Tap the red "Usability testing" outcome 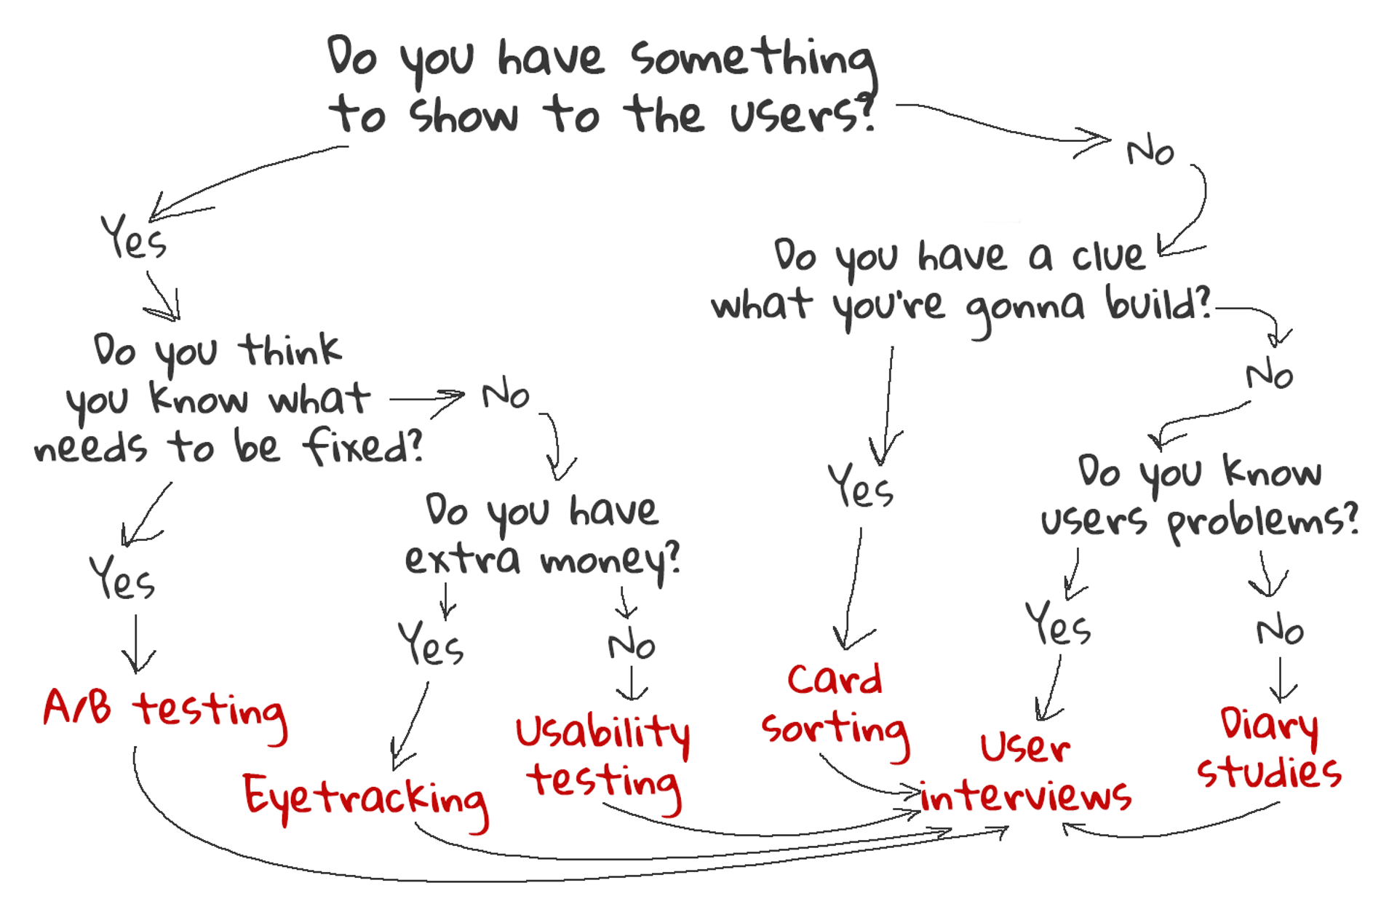pos(603,757)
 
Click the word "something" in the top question pos(753,58)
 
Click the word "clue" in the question pos(1108,255)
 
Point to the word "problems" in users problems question pos(1262,521)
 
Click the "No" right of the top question pos(1150,152)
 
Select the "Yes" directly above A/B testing pos(122,578)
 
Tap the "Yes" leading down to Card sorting pos(861,486)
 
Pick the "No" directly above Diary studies pos(1280,630)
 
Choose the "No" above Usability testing pos(632,645)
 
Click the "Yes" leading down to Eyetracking pos(431,643)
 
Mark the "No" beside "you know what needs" pos(506,395)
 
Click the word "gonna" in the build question pos(1024,306)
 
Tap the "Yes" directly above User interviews pos(1058,625)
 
